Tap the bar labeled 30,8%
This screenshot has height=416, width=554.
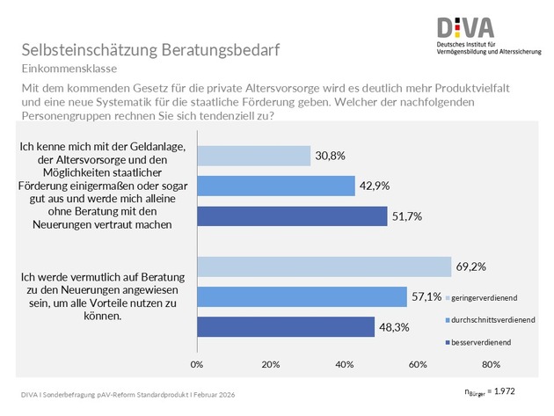(x=253, y=156)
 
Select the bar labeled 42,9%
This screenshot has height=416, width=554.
(x=275, y=186)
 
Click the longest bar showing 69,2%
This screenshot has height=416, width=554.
(x=324, y=266)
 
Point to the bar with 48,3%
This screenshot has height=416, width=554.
(x=286, y=326)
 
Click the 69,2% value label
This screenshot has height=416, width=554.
(x=470, y=265)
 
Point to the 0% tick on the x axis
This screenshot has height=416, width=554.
(x=197, y=363)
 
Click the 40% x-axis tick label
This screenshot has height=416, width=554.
(x=344, y=363)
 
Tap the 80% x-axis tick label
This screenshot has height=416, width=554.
(x=491, y=363)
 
